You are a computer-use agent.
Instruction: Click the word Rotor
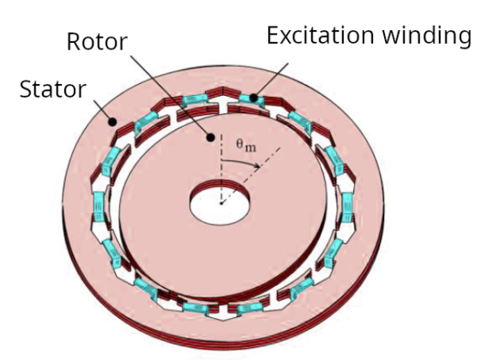(x=97, y=41)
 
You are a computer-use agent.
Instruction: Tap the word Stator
(x=53, y=89)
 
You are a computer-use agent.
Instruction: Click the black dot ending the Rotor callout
(x=210, y=137)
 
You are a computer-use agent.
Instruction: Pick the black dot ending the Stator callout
(x=112, y=122)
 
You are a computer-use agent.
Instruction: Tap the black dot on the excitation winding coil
(x=254, y=98)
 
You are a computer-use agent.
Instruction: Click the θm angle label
(x=246, y=146)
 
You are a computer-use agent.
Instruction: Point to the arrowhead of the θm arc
(x=257, y=165)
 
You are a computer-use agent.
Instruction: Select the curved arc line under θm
(x=241, y=161)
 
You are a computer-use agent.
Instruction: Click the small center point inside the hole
(x=221, y=203)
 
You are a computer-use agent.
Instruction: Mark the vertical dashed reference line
(x=221, y=168)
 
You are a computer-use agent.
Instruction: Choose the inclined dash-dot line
(x=250, y=176)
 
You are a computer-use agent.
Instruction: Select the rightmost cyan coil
(x=347, y=207)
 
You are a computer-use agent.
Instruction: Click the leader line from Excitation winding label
(x=272, y=80)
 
